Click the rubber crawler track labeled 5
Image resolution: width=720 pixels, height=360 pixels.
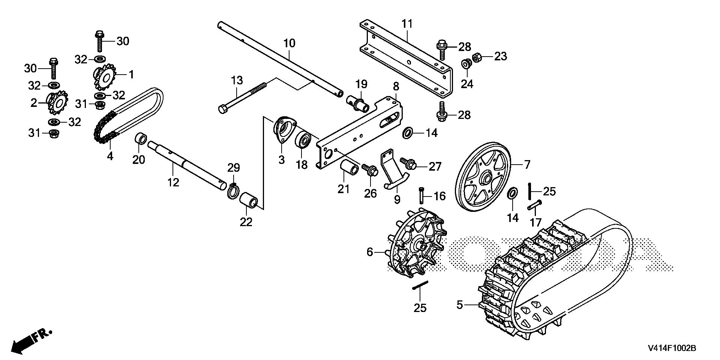[555, 270]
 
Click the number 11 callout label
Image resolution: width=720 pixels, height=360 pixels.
[407, 24]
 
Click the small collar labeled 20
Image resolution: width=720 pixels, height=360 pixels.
[141, 138]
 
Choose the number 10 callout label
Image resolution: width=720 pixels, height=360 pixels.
[289, 43]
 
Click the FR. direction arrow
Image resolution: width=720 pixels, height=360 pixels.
[32, 340]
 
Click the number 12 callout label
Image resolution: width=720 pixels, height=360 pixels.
[173, 182]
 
